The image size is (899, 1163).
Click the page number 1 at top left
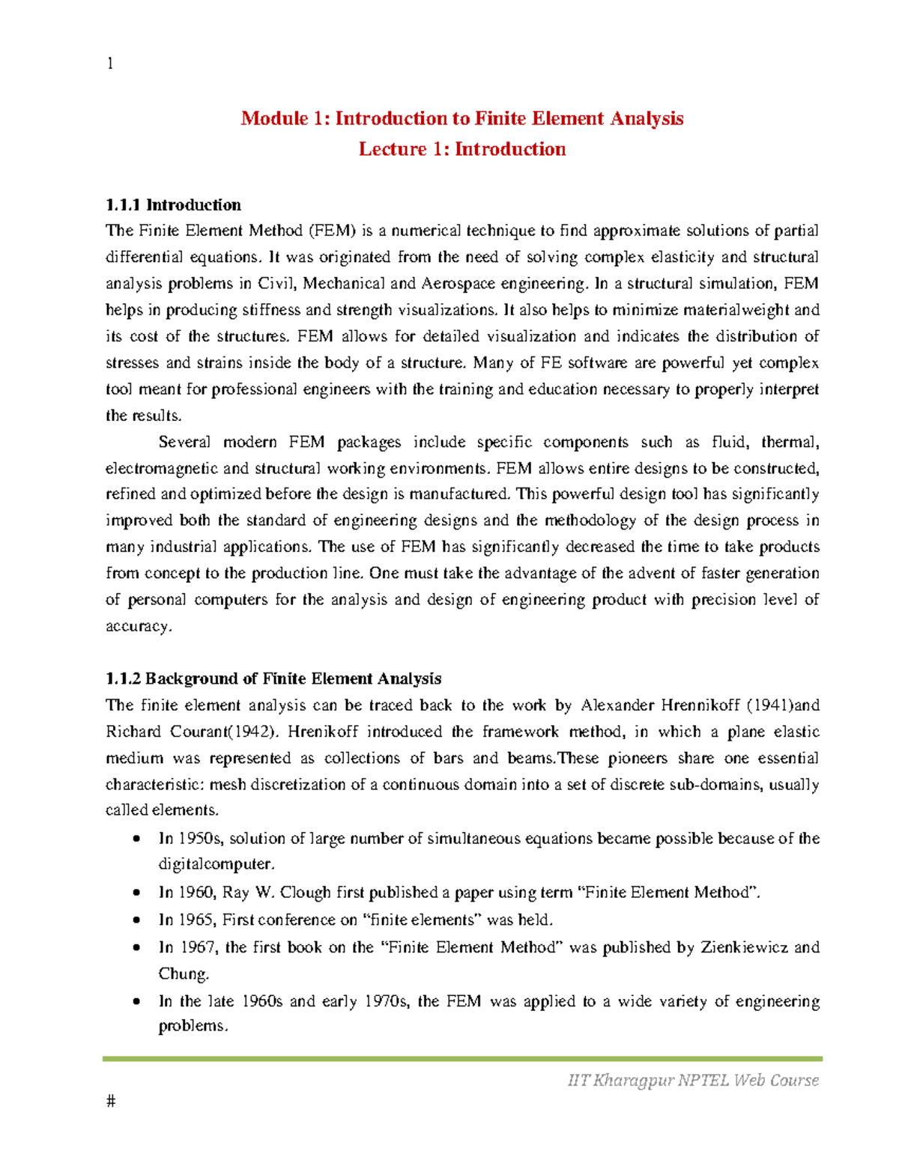[x=110, y=64]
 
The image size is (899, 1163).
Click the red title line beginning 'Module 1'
[x=461, y=118]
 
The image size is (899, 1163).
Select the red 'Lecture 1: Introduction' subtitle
[x=461, y=149]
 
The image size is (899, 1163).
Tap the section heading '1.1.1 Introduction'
[x=173, y=205]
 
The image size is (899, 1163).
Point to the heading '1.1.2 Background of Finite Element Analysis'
[x=273, y=678]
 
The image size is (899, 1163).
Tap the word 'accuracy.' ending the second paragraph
[x=139, y=626]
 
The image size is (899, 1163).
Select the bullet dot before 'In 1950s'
[x=136, y=839]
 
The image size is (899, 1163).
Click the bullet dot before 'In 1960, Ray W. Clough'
[x=136, y=893]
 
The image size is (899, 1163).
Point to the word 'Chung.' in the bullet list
[x=184, y=974]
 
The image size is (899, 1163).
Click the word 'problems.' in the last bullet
[x=193, y=1026]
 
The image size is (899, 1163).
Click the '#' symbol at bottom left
[x=111, y=1101]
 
